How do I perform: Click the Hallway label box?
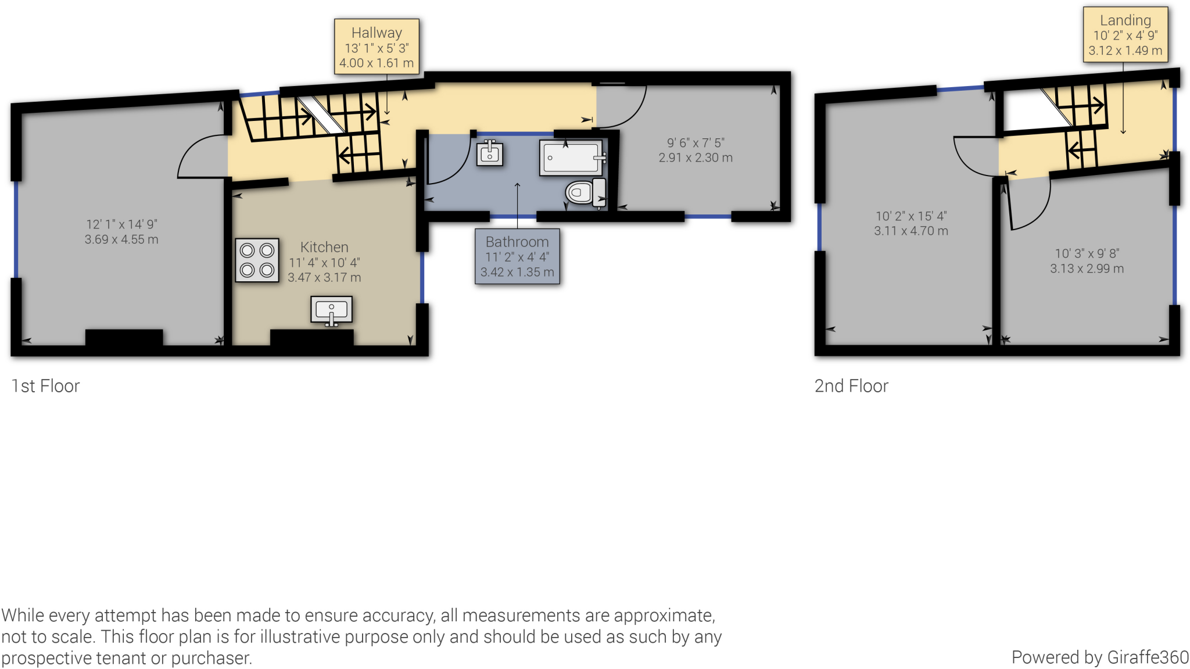[377, 46]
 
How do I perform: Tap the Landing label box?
[1125, 35]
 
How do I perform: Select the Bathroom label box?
[517, 256]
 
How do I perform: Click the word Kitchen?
[324, 247]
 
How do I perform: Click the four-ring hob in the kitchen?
[257, 260]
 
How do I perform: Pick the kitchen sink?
[331, 310]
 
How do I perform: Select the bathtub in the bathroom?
[572, 158]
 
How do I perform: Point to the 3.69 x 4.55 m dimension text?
[121, 239]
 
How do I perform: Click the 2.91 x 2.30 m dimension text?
[696, 158]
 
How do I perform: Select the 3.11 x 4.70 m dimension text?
[911, 231]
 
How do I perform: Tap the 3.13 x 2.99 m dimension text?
[1087, 269]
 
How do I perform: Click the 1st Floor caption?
[45, 386]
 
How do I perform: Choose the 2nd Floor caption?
[851, 386]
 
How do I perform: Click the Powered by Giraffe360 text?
[1099, 657]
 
